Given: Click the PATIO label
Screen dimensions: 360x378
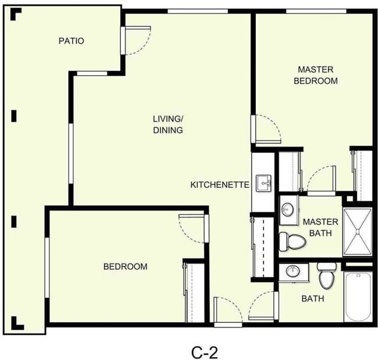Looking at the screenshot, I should [71, 41].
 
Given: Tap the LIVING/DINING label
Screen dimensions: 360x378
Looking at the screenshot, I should [168, 124].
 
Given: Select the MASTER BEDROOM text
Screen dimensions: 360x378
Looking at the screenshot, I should [315, 76].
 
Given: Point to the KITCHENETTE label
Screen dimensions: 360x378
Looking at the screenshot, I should [220, 185].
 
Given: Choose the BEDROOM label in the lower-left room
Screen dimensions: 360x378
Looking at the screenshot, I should [125, 267].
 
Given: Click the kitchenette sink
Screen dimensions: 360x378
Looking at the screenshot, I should [264, 183].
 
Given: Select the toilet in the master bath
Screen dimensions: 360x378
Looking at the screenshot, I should [291, 240].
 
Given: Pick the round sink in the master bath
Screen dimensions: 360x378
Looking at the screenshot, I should [288, 208].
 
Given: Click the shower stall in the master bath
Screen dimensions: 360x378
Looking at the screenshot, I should [358, 233].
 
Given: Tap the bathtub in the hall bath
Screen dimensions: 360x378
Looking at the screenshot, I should [358, 297].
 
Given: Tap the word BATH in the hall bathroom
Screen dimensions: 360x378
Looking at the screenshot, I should [312, 299].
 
